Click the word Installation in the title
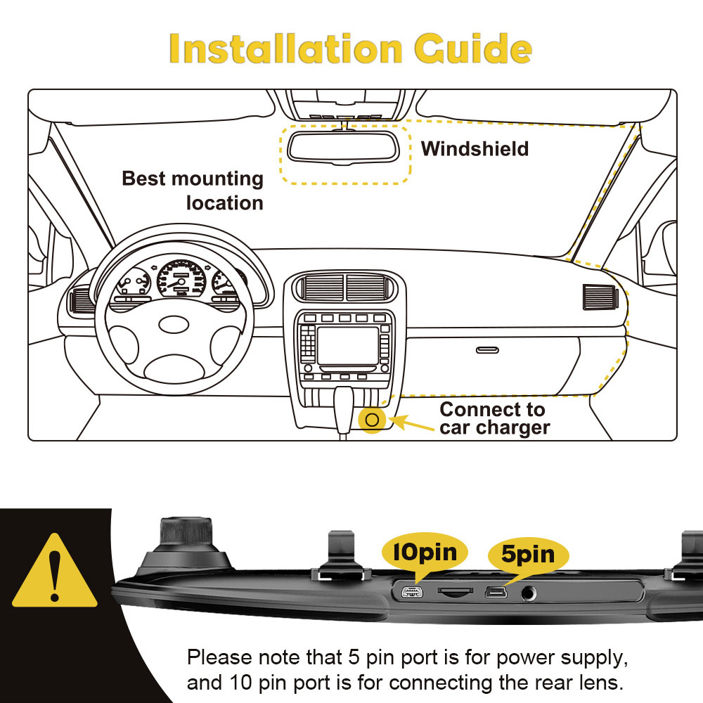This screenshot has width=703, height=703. click(x=285, y=49)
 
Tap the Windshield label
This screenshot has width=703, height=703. click(x=475, y=149)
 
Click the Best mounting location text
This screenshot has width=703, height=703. click(x=193, y=191)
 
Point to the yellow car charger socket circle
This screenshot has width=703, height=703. click(x=372, y=420)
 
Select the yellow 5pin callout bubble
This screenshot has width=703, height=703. click(x=527, y=554)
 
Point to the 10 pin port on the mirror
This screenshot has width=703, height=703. click(x=412, y=592)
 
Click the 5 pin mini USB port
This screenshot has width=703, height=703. click(x=495, y=592)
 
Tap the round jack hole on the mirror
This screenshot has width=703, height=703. click(x=527, y=593)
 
